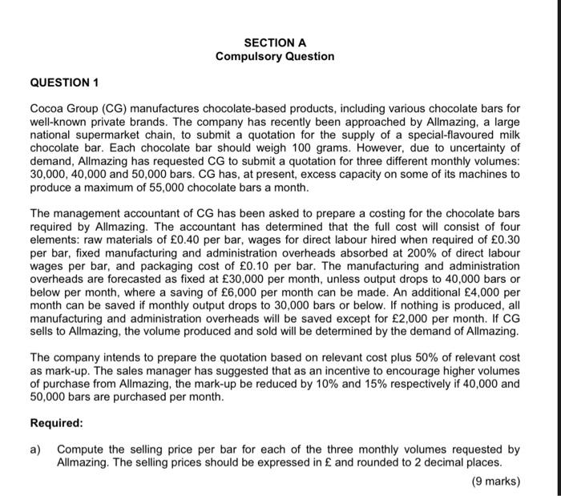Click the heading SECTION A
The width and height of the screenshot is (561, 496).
click(x=275, y=42)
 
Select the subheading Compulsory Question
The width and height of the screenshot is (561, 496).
click(x=275, y=56)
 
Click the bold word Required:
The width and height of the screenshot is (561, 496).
click(x=56, y=423)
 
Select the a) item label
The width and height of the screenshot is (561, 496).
click(x=36, y=450)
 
